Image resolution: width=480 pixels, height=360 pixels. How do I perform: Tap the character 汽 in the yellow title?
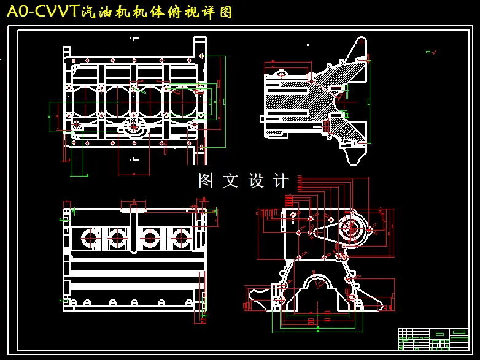(x=88, y=12)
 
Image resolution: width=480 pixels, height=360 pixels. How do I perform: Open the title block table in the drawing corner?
(x=433, y=339)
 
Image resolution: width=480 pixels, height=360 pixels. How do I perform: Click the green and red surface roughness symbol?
(x=431, y=52)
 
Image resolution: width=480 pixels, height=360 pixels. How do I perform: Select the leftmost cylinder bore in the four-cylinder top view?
(x=85, y=102)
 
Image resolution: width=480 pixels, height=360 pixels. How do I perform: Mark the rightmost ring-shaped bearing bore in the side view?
(x=180, y=238)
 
